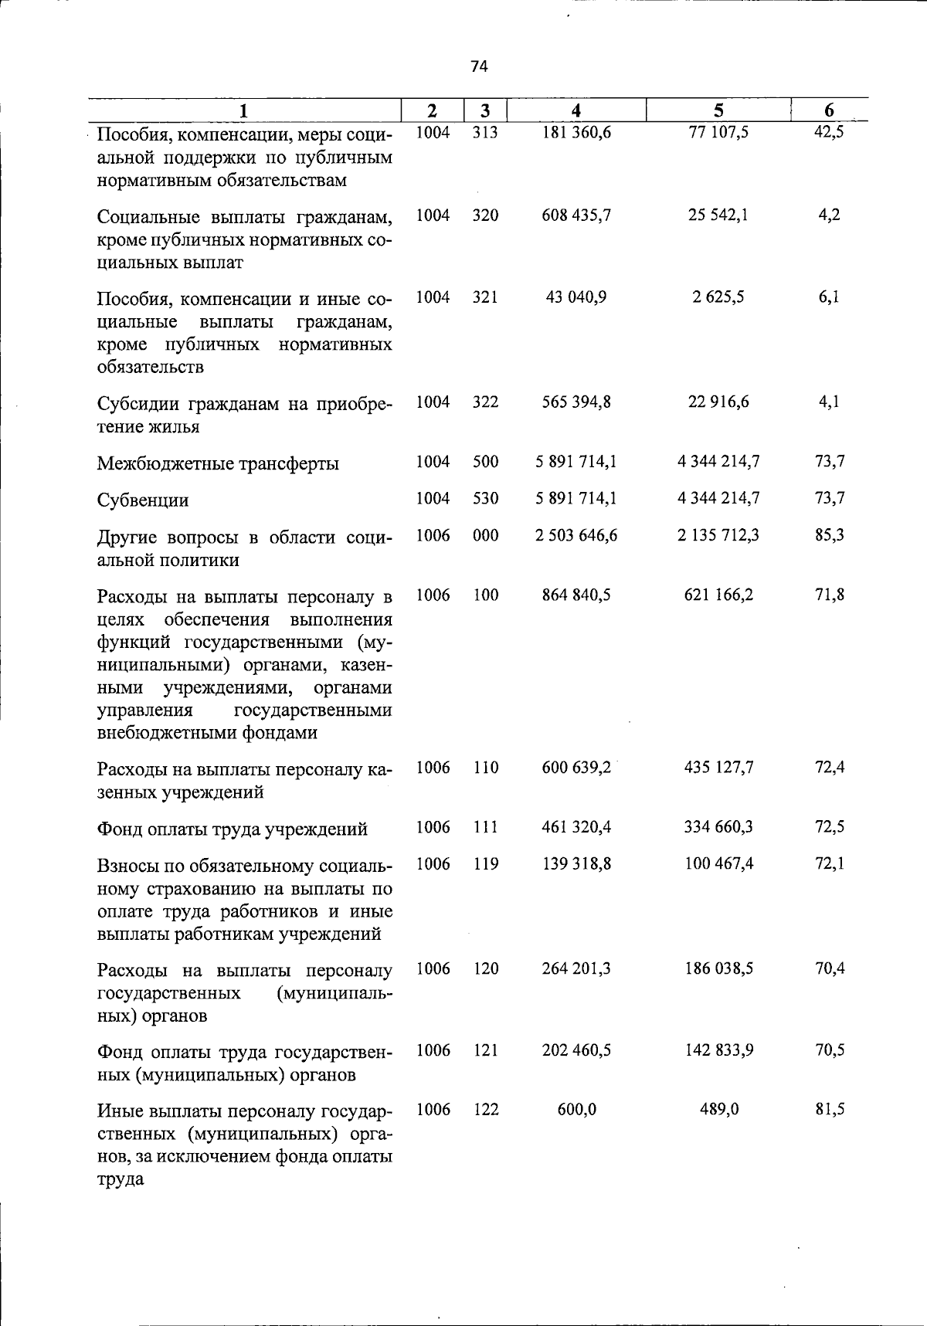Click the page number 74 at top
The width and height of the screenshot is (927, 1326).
coord(479,67)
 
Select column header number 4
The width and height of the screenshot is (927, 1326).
coord(576,111)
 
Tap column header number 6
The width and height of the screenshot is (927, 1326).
coord(829,111)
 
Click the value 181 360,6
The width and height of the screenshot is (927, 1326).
coord(576,133)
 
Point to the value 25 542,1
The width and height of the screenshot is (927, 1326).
coord(718,215)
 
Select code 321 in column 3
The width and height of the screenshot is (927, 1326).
coord(485,297)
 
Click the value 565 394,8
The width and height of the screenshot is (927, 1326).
coord(576,402)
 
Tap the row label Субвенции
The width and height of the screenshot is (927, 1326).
coord(143,500)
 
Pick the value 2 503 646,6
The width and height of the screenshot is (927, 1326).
coord(576,535)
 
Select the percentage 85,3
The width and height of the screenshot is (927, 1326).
coord(830,535)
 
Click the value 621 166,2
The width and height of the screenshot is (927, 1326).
coord(718,595)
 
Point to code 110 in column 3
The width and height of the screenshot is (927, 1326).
coord(485,768)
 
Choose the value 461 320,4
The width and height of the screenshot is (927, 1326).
coord(576,827)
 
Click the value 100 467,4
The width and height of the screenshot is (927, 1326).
coord(718,863)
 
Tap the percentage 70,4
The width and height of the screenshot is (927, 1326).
coord(830,968)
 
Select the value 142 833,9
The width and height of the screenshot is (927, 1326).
coord(718,1050)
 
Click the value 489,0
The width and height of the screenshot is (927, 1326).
coord(718,1110)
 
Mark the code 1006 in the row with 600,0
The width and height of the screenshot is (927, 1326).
coord(433,1110)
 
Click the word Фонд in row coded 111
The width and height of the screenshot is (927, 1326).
coord(119,829)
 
